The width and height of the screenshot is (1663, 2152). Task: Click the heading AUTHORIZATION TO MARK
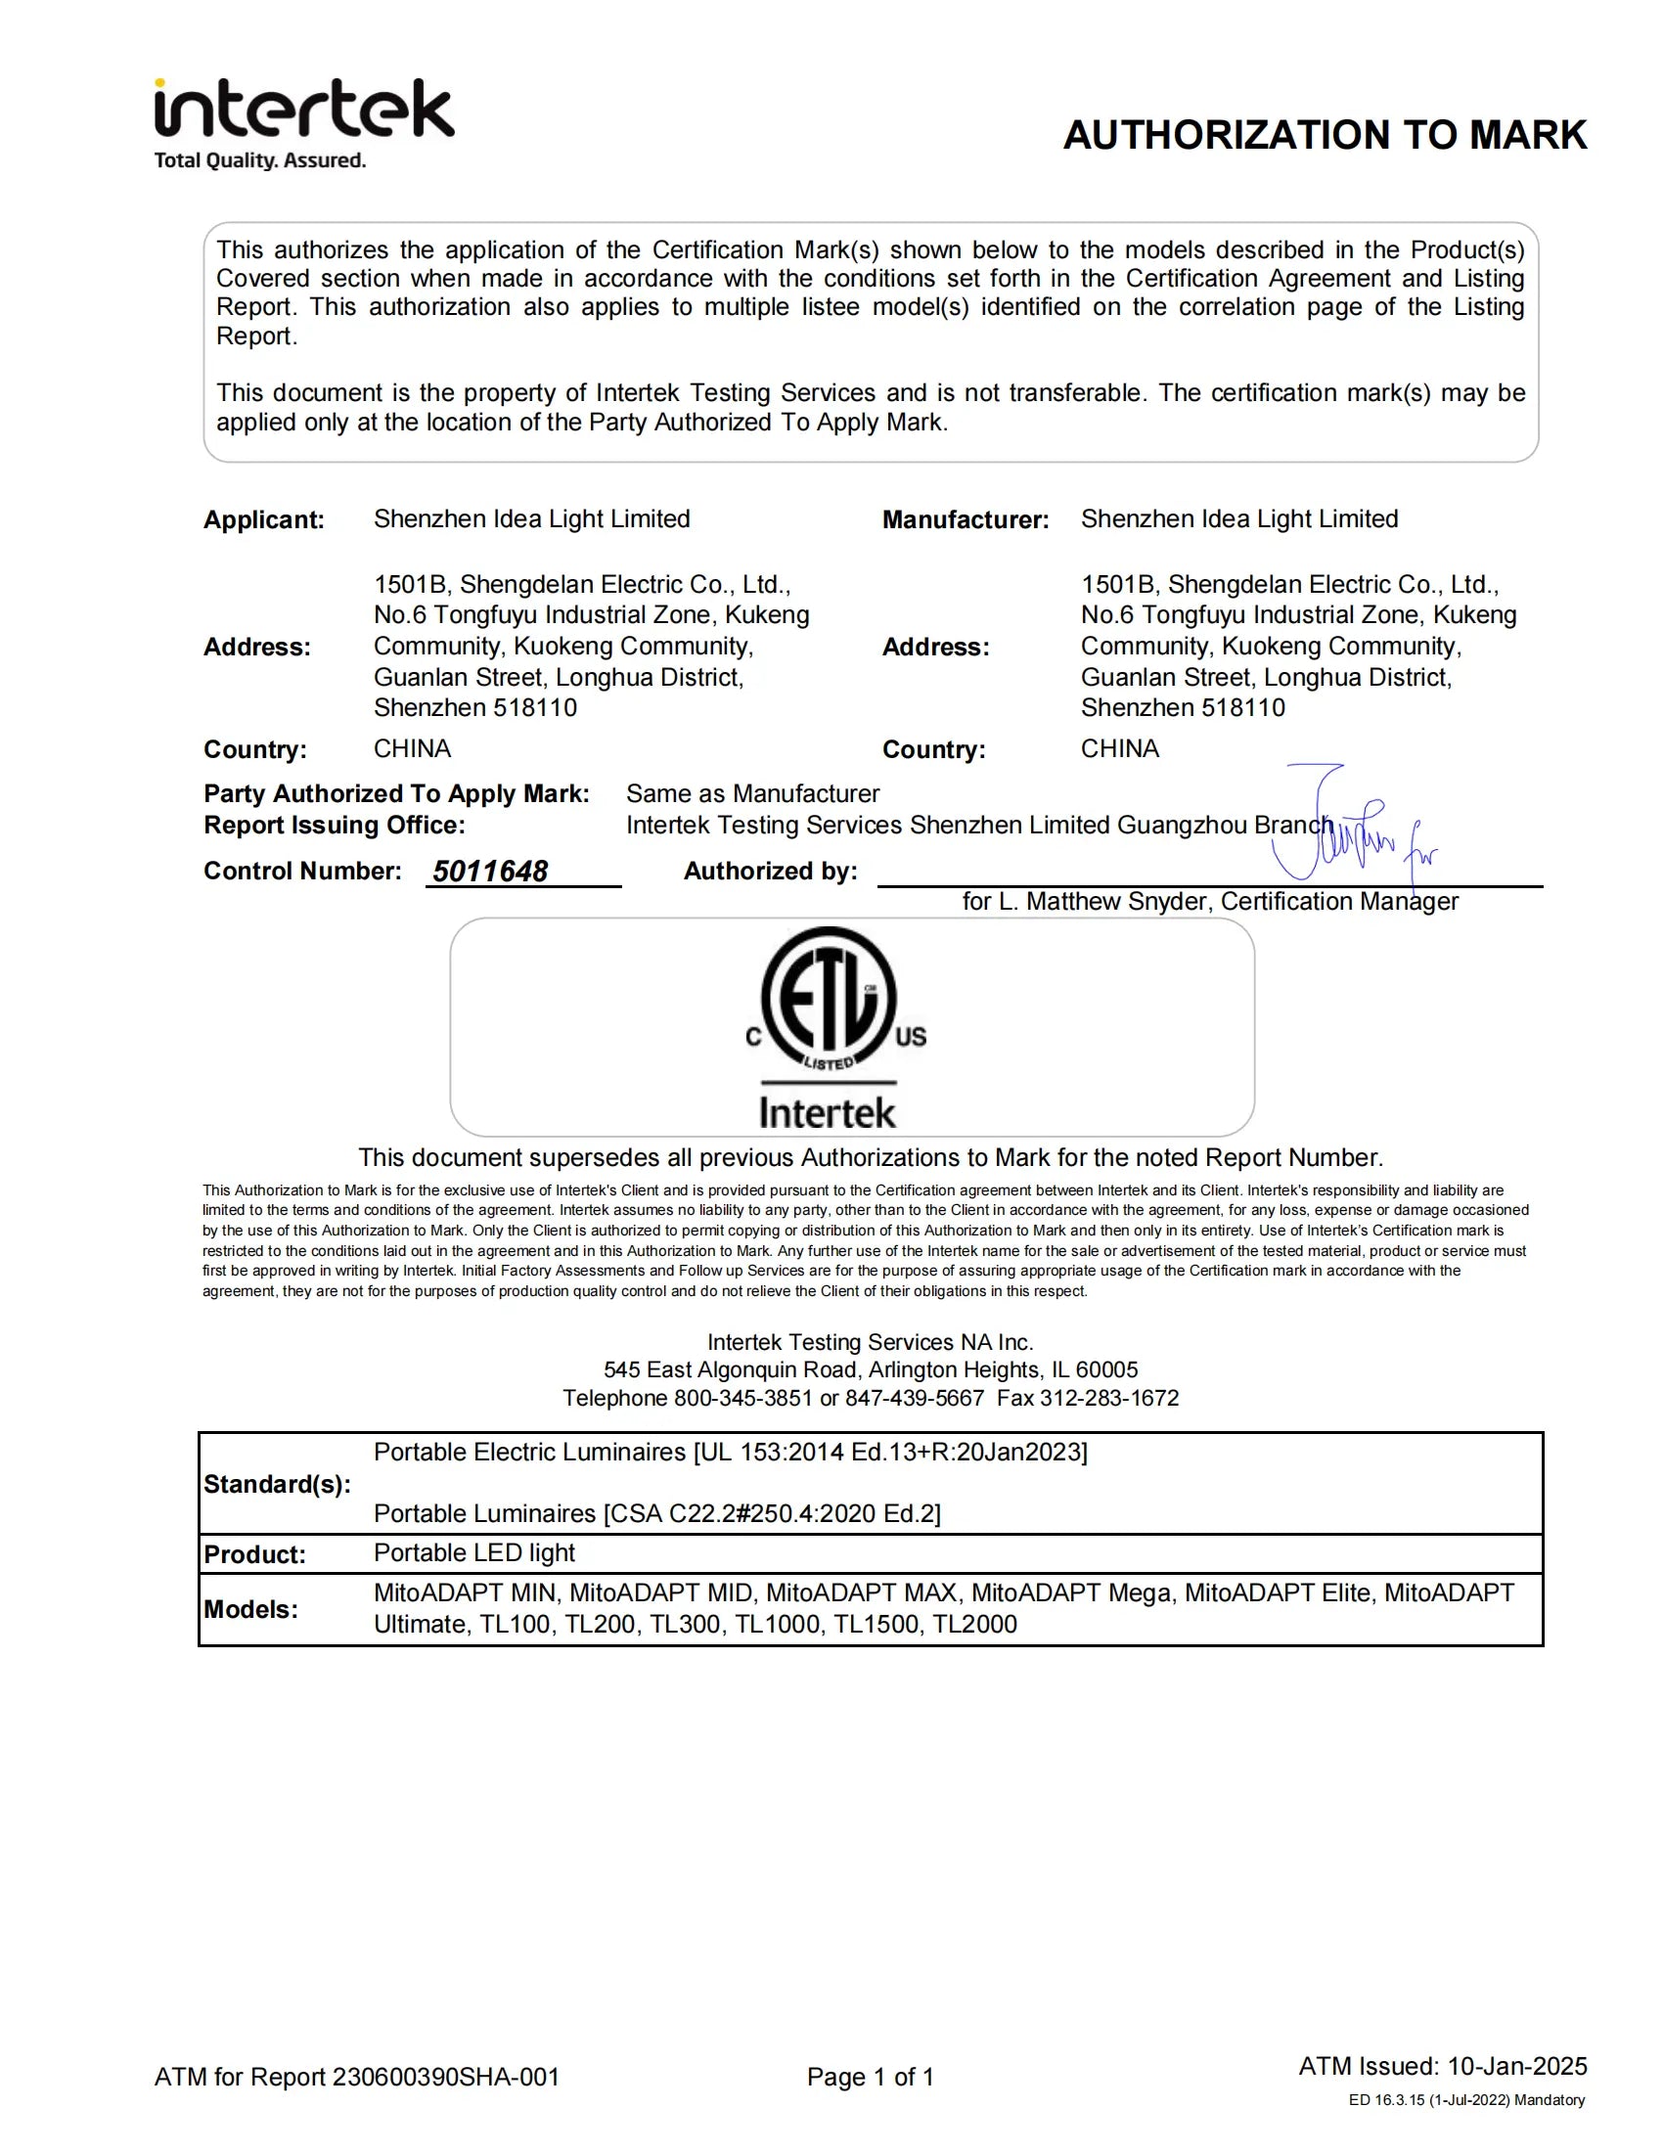(x=1325, y=135)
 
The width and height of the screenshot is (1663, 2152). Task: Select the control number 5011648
(x=491, y=871)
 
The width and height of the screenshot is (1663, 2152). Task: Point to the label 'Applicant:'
(x=264, y=520)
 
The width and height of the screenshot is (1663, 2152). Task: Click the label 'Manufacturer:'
(x=966, y=520)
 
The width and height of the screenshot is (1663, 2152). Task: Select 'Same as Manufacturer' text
(x=752, y=793)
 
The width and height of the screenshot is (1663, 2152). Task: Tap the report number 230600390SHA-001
(x=445, y=2077)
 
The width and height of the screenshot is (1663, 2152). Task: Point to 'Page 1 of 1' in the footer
(x=870, y=2077)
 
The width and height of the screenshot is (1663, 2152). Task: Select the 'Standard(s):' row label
(x=277, y=1484)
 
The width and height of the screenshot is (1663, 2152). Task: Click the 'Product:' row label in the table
(x=254, y=1554)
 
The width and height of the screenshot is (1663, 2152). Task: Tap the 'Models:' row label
(x=250, y=1609)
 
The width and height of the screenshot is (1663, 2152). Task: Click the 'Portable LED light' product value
(x=473, y=1553)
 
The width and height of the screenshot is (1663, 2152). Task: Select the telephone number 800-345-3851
(x=742, y=1398)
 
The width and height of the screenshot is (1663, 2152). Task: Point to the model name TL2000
(x=974, y=1624)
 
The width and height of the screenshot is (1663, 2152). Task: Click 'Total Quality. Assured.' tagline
(x=260, y=160)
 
